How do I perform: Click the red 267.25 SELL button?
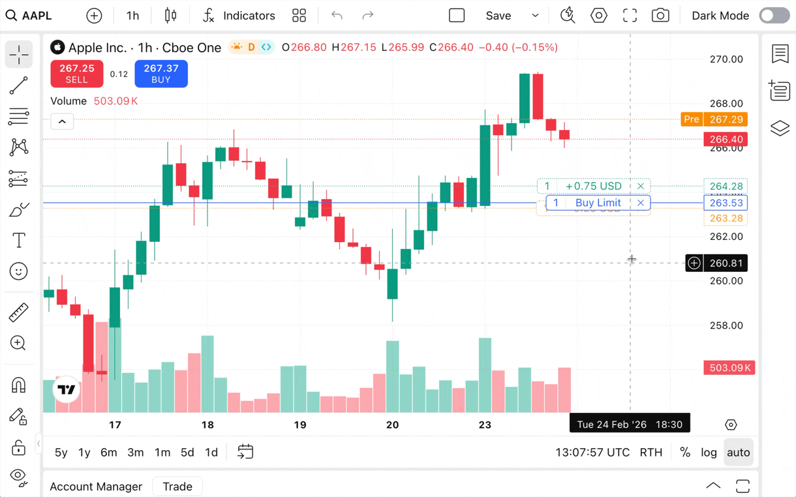tap(76, 74)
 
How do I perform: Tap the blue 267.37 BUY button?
tap(161, 74)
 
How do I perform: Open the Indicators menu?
tap(239, 16)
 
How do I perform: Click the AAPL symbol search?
tap(29, 16)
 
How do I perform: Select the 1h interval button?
tap(132, 16)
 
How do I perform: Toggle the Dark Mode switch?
tap(774, 16)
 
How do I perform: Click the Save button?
tap(498, 16)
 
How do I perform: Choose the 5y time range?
tap(61, 452)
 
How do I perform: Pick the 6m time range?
tap(108, 452)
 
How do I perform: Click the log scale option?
tap(709, 452)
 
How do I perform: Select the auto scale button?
tap(738, 452)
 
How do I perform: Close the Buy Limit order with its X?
tap(641, 203)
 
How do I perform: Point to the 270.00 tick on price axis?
tap(726, 59)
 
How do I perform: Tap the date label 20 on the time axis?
tap(392, 425)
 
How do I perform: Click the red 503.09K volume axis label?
tap(729, 368)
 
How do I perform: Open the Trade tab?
tap(177, 487)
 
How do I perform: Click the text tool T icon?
tap(19, 241)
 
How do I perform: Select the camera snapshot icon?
tap(660, 16)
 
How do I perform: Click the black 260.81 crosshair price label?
tap(726, 264)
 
